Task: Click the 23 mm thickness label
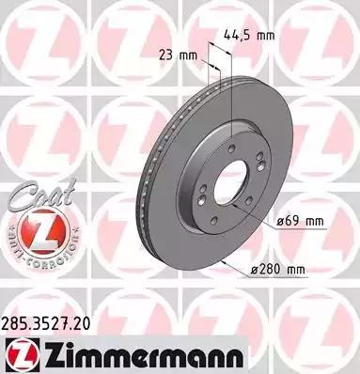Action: click(177, 54)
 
